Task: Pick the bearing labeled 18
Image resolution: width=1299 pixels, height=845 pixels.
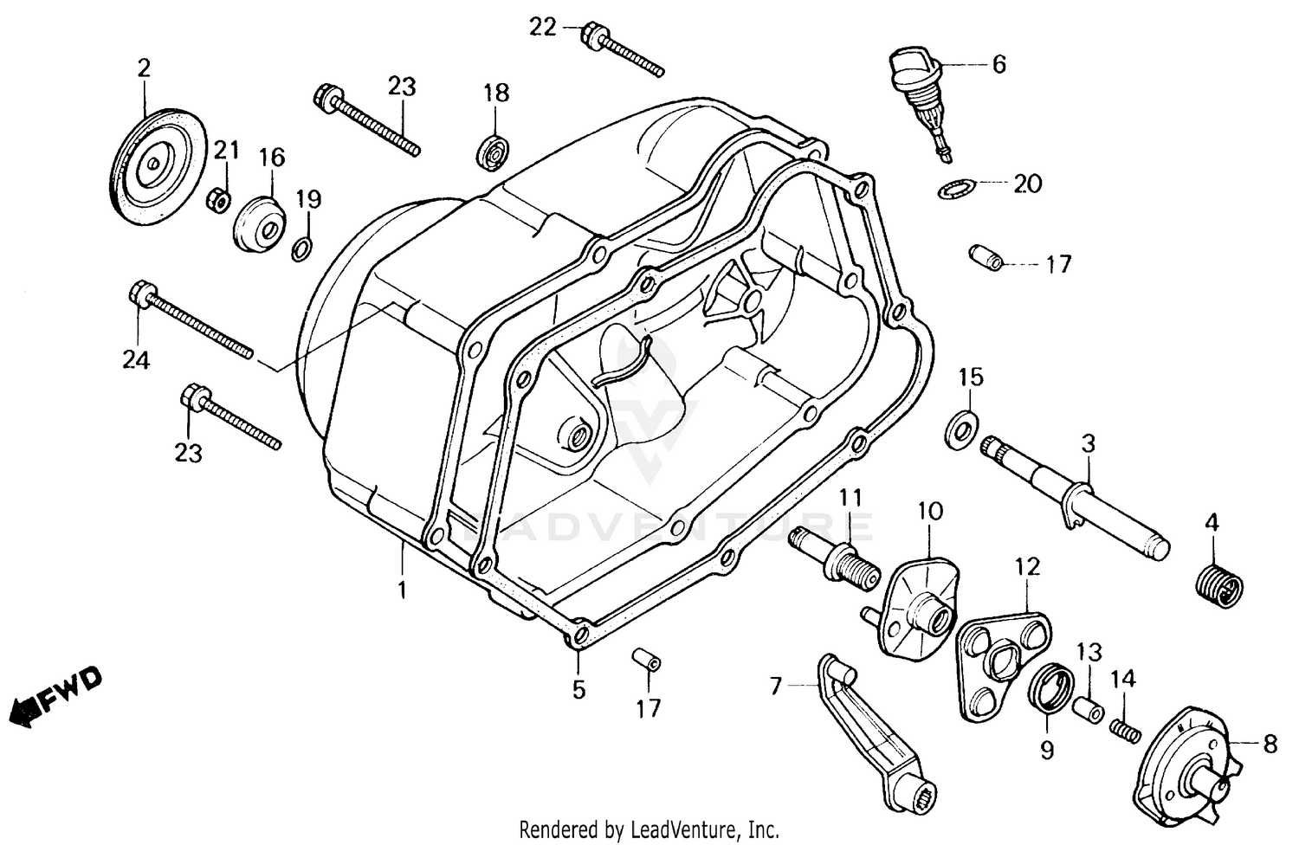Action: (x=495, y=153)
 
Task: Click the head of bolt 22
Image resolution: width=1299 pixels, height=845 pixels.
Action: (x=594, y=35)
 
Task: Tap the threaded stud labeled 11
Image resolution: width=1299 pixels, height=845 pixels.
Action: (x=837, y=558)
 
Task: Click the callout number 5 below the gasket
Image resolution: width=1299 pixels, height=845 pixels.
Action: (x=578, y=690)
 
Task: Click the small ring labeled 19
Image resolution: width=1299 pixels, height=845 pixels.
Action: (x=302, y=249)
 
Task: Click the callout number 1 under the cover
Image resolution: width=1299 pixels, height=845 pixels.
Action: (x=401, y=590)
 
